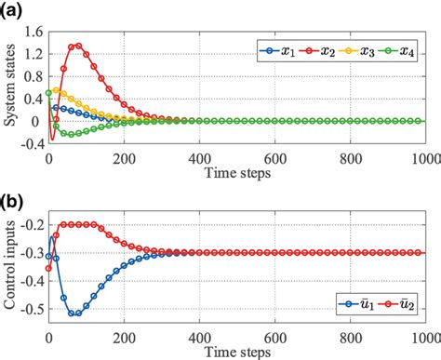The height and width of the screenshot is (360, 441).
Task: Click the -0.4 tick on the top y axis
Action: pyautogui.click(x=31, y=144)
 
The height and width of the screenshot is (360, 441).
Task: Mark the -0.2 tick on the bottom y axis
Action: pyautogui.click(x=31, y=224)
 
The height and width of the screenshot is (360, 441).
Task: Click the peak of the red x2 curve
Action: pyautogui.click(x=77, y=45)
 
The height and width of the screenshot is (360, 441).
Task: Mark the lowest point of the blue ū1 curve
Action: pyautogui.click(x=74, y=313)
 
